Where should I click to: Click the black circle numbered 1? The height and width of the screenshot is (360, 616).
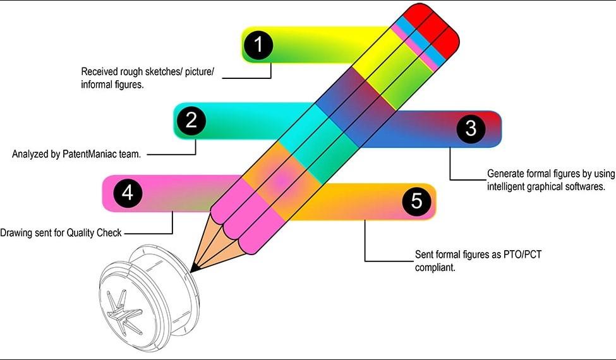pyautogui.click(x=258, y=45)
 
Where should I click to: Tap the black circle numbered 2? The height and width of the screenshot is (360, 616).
pyautogui.click(x=191, y=121)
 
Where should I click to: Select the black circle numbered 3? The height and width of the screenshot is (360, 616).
pyautogui.click(x=471, y=129)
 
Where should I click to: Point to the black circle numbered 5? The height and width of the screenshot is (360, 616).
pyautogui.click(x=416, y=201)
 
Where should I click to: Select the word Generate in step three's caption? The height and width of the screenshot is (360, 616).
pyautogui.click(x=505, y=173)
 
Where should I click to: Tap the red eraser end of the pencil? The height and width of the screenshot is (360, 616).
pyautogui.click(x=435, y=25)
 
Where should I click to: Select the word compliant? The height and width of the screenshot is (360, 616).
pyautogui.click(x=433, y=267)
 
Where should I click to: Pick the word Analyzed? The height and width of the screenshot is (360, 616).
pyautogui.click(x=30, y=153)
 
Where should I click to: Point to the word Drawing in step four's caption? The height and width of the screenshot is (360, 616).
pyautogui.click(x=16, y=232)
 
